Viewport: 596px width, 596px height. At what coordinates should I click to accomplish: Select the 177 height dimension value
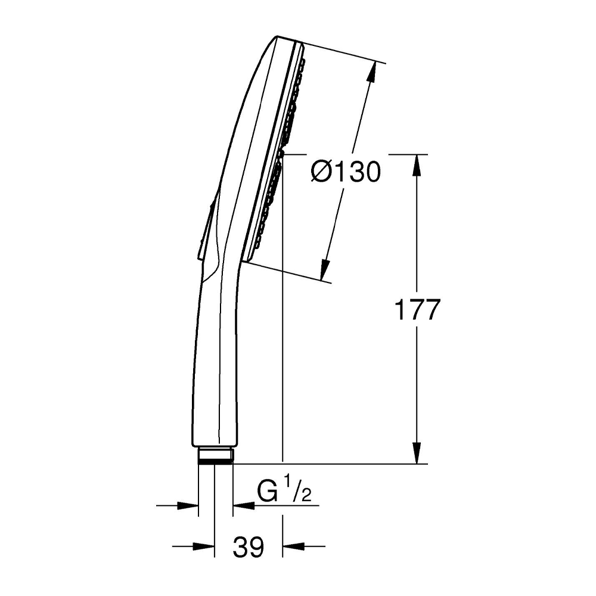pos(417,309)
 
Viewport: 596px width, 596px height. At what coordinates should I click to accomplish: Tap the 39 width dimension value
pos(248,547)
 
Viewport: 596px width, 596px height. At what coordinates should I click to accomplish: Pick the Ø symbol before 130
pos(321,172)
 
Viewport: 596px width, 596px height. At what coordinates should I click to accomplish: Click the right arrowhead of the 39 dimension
pos(293,545)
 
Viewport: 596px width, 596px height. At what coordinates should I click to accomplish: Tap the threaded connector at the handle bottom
pos(216,455)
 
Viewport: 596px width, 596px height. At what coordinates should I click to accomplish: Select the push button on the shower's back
pos(206,232)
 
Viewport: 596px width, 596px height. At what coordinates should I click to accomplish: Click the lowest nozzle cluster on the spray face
pos(259,241)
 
